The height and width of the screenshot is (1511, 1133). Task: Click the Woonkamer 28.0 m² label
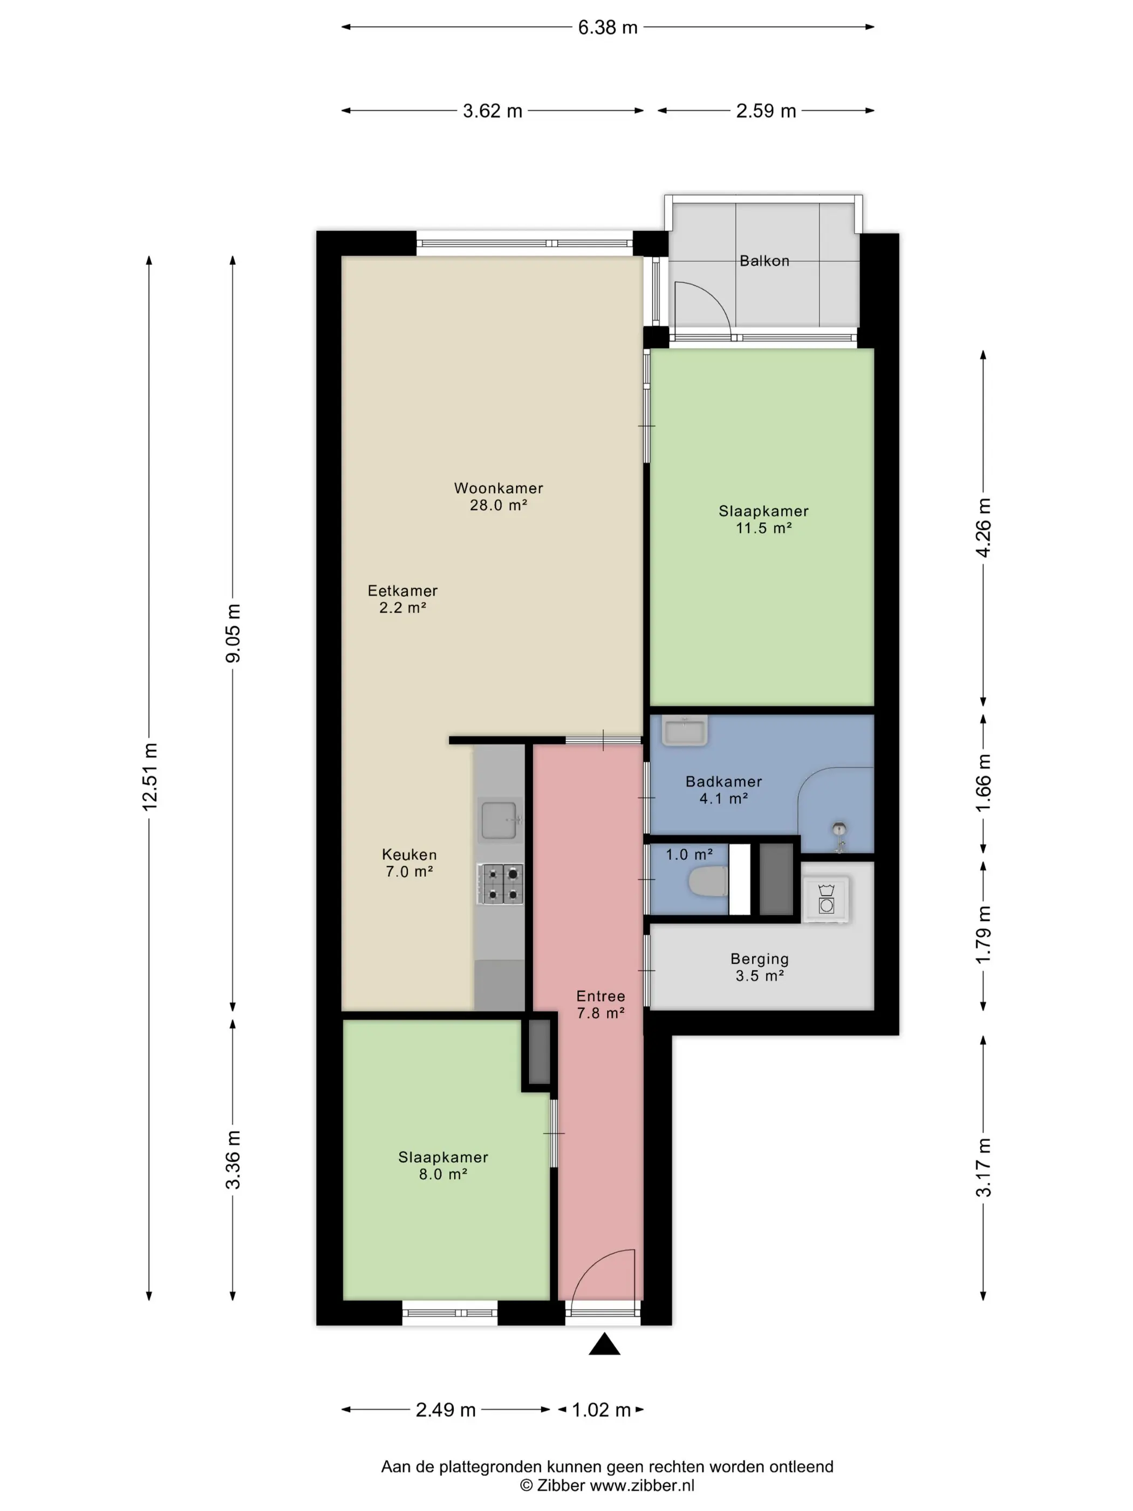point(499,496)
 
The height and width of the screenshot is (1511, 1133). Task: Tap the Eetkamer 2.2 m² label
point(402,599)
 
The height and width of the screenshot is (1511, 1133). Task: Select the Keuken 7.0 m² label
point(409,863)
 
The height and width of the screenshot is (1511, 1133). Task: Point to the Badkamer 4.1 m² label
point(724,789)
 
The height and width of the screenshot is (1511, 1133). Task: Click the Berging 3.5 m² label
point(760,967)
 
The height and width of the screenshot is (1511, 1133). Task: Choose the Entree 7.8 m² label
point(600,1004)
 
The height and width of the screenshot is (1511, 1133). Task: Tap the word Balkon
point(764,261)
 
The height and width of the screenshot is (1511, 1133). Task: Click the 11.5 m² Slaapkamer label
point(763,519)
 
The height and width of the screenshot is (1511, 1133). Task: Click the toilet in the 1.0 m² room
point(707,881)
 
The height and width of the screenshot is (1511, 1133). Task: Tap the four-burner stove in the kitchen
point(501,883)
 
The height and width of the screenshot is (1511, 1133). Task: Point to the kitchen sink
point(501,819)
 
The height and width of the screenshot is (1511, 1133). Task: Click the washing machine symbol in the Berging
point(827,899)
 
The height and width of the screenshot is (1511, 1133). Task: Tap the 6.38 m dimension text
point(607,28)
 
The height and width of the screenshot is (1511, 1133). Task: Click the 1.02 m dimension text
point(601,1410)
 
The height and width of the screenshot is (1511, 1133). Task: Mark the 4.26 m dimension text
point(983,528)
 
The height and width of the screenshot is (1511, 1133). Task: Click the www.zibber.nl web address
point(642,1486)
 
